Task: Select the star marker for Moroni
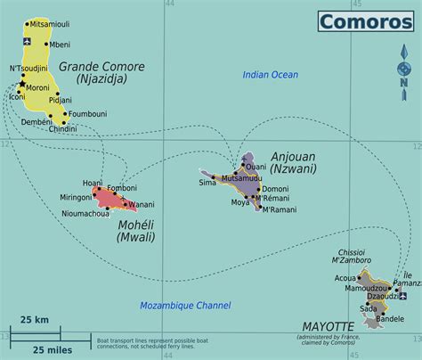pos(21,84)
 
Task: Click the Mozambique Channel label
pos(185,306)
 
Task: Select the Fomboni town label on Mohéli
pos(122,188)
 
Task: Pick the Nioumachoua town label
pos(85,213)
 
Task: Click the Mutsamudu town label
pos(241,178)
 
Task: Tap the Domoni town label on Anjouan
pos(275,189)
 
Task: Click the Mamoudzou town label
pos(366,288)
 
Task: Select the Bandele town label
pos(391,318)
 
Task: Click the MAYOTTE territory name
pos(329,327)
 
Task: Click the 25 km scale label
pos(35,319)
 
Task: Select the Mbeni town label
pos(61,44)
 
